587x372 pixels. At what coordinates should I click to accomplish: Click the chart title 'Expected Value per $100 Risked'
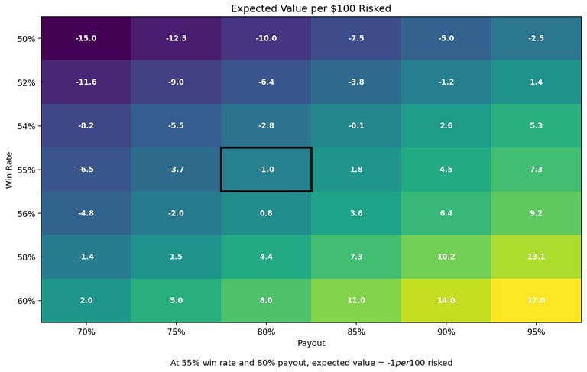coord(311,9)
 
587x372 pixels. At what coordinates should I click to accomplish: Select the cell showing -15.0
coord(86,38)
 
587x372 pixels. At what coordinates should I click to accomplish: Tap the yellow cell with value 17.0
coord(536,300)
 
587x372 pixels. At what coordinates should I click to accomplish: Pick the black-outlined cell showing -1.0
coord(266,170)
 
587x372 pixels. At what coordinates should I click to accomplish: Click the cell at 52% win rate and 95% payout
coord(536,82)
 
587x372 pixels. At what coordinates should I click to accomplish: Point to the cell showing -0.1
coord(356,125)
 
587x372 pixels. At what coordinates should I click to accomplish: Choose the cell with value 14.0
coord(446,300)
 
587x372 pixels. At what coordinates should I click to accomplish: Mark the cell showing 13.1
coord(536,257)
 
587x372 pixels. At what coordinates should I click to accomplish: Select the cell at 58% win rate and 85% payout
coord(356,257)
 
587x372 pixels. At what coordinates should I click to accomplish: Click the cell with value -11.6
coord(86,82)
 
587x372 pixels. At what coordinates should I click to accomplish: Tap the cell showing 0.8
coord(266,213)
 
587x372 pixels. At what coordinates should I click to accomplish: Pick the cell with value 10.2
coord(446,257)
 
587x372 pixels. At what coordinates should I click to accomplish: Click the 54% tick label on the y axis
coord(26,126)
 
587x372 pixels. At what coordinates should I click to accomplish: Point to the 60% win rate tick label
coord(26,301)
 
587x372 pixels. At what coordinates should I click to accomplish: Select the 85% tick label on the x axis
coord(356,332)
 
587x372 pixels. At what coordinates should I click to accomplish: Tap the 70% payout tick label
coord(86,332)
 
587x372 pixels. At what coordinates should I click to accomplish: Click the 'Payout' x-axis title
coord(311,344)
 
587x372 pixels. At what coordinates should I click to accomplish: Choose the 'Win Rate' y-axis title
coord(10,170)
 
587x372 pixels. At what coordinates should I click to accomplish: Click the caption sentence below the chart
coord(311,363)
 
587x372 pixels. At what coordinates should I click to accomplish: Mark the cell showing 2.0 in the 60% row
coord(86,300)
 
